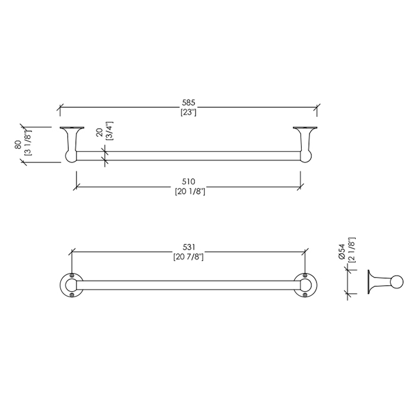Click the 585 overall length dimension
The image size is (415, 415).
tap(189, 103)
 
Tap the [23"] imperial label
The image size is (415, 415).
tap(189, 113)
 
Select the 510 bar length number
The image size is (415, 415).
tap(189, 181)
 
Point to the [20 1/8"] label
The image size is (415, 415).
tap(190, 191)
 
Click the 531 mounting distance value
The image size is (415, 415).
tap(189, 247)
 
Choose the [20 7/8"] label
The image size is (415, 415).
tap(189, 257)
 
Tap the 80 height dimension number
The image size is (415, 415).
tap(18, 145)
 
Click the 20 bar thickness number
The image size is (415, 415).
tap(100, 132)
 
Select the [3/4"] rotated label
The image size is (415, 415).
tap(109, 131)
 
